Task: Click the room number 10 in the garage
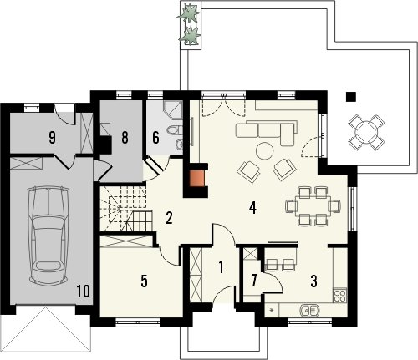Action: [x=83, y=292]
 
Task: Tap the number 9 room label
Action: [x=52, y=138]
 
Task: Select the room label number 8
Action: [x=125, y=138]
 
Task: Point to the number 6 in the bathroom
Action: [x=155, y=138]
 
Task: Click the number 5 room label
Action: [x=144, y=281]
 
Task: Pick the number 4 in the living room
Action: [x=252, y=208]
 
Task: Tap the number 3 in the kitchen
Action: [x=313, y=281]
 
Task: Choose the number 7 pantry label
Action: [x=253, y=281]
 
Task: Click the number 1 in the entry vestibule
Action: [x=221, y=266]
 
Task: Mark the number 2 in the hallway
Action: [x=169, y=218]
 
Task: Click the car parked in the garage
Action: [x=48, y=236]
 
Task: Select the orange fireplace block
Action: [x=196, y=179]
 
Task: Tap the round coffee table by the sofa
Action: [x=265, y=150]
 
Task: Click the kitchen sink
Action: [x=309, y=310]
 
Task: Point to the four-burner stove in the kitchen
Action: [x=340, y=296]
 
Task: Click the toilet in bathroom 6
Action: [x=175, y=129]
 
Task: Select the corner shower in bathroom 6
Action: [x=173, y=110]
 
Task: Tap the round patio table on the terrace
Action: [x=366, y=131]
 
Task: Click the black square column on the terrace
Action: [x=351, y=97]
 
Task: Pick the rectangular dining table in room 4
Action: [x=313, y=206]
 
